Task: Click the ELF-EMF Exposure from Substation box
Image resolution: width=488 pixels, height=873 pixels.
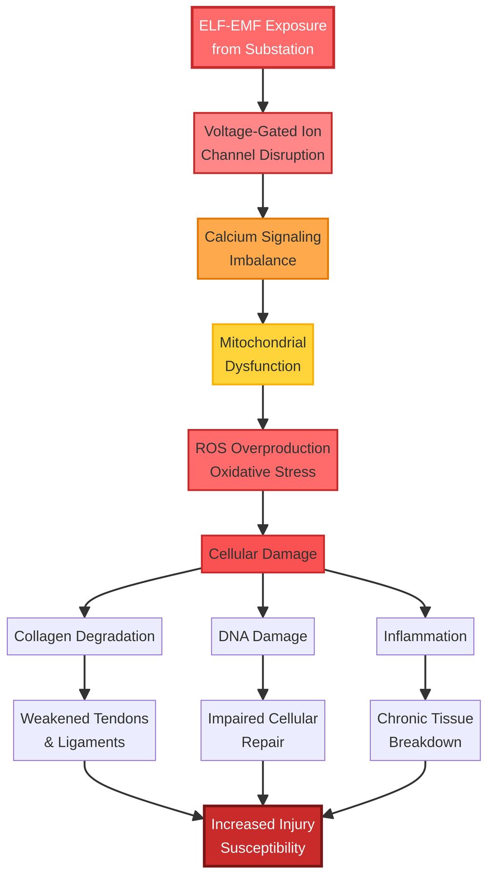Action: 263,37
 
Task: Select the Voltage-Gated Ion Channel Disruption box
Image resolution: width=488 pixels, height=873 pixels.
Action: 263,143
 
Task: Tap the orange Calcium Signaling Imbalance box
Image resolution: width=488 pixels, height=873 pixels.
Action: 263,249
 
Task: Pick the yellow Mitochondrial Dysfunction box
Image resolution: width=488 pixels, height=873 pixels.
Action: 263,354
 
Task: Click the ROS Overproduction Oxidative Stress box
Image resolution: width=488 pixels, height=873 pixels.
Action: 263,460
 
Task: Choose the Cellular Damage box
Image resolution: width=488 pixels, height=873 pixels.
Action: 263,554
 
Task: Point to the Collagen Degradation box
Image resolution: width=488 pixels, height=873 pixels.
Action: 84,636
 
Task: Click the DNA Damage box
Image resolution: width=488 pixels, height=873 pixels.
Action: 263,636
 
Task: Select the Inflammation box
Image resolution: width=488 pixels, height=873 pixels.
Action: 425,636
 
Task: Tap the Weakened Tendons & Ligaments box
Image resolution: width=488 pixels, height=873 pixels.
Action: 84,730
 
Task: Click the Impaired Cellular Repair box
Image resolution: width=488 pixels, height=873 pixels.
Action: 263,730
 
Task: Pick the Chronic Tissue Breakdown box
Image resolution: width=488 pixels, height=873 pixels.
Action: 425,730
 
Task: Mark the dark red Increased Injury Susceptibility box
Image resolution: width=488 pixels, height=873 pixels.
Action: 263,836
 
